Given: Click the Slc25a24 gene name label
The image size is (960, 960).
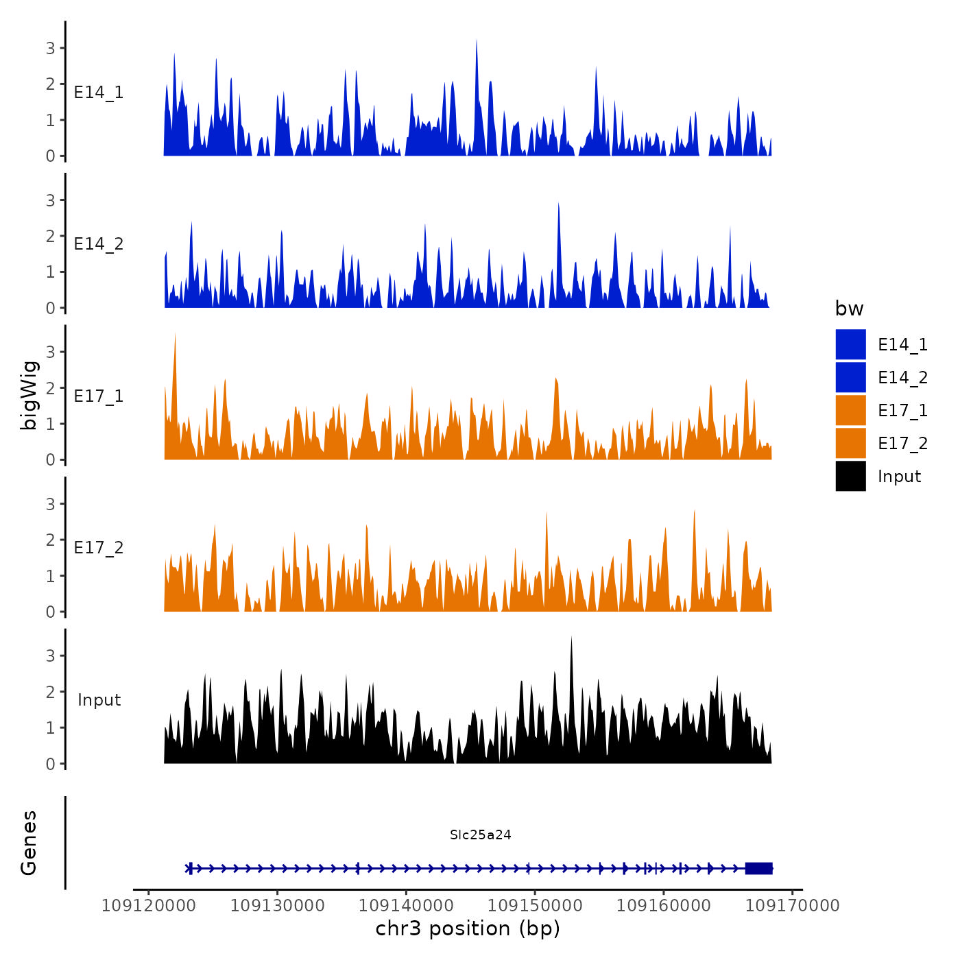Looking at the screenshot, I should tap(480, 835).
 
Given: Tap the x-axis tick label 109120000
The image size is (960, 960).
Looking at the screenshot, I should tap(149, 906).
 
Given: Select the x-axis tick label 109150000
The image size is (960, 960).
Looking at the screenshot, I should tap(535, 906).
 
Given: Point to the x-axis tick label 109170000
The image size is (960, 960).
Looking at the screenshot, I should tap(793, 906).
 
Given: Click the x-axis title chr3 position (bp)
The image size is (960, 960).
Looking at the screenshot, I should tap(468, 928).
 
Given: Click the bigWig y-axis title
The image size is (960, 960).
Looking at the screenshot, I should tap(29, 394).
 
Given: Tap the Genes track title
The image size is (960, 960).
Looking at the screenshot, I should tap(29, 843).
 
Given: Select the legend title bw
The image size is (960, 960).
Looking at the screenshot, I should tap(849, 309).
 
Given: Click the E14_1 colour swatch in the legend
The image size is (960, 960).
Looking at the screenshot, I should tap(850, 344).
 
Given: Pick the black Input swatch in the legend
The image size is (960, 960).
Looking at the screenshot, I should tap(850, 476).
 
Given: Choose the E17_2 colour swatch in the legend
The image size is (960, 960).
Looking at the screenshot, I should tap(850, 443).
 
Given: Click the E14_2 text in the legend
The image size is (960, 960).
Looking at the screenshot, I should tap(902, 378).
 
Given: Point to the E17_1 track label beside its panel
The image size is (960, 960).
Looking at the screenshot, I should tap(99, 396).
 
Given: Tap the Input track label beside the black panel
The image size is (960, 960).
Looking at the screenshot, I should tap(99, 700).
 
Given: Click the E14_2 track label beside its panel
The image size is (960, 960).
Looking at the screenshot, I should tap(99, 244).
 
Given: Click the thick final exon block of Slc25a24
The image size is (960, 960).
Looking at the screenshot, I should tap(758, 868).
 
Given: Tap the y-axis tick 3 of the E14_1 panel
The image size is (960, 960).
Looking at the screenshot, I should tap(50, 48).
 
